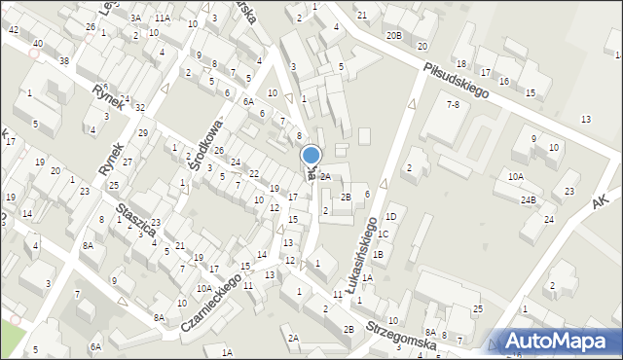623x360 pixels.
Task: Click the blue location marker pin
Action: (x=311, y=157)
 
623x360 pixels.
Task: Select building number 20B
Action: (x=393, y=35)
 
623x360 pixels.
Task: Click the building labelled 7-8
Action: (x=453, y=104)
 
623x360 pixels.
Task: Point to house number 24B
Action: (x=528, y=199)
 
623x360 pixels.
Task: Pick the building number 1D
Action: (x=390, y=216)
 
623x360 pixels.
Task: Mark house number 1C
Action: (x=384, y=234)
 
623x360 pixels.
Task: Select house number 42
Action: (x=13, y=30)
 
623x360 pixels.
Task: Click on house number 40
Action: (x=37, y=44)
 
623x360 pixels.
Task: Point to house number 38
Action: (x=63, y=61)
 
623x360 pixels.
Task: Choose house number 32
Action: (x=140, y=107)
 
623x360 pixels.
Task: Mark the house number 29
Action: (x=143, y=132)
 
